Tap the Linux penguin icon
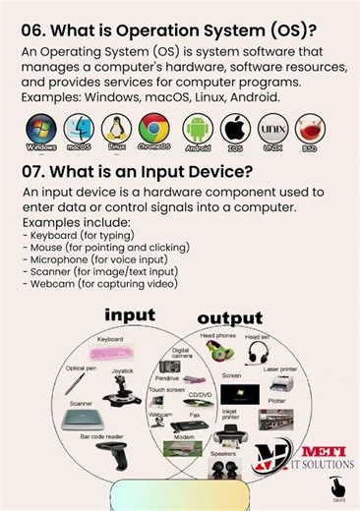(116, 129)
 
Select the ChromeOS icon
(154, 129)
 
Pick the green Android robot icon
(198, 129)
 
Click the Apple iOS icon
(236, 129)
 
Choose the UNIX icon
(273, 129)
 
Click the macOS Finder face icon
(79, 129)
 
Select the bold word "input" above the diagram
(131, 314)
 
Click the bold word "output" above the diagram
(229, 317)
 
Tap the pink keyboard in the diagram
(110, 352)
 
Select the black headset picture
(259, 353)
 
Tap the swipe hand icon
(337, 486)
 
